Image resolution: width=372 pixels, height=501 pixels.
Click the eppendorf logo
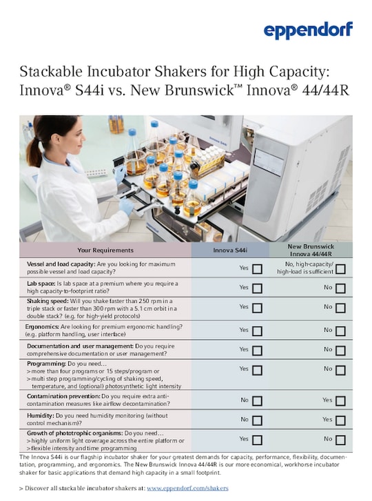click(x=308, y=30)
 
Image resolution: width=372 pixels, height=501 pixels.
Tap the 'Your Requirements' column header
click(x=105, y=250)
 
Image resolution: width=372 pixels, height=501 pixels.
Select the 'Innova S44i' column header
click(x=231, y=250)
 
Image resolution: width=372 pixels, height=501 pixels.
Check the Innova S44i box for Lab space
click(x=257, y=287)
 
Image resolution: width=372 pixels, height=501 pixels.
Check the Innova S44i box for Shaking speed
click(x=257, y=307)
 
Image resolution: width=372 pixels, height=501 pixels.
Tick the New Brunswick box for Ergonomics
click(x=340, y=331)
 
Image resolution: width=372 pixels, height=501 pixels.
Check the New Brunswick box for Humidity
click(x=340, y=420)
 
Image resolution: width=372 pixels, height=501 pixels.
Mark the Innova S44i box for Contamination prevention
click(x=257, y=400)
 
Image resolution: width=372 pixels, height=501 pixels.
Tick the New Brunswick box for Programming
click(x=340, y=370)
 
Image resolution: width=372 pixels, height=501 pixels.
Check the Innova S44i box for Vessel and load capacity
click(x=257, y=268)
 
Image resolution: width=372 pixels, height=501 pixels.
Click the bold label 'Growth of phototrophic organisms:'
click(x=76, y=433)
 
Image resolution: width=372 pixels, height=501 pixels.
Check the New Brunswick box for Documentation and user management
click(x=340, y=351)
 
